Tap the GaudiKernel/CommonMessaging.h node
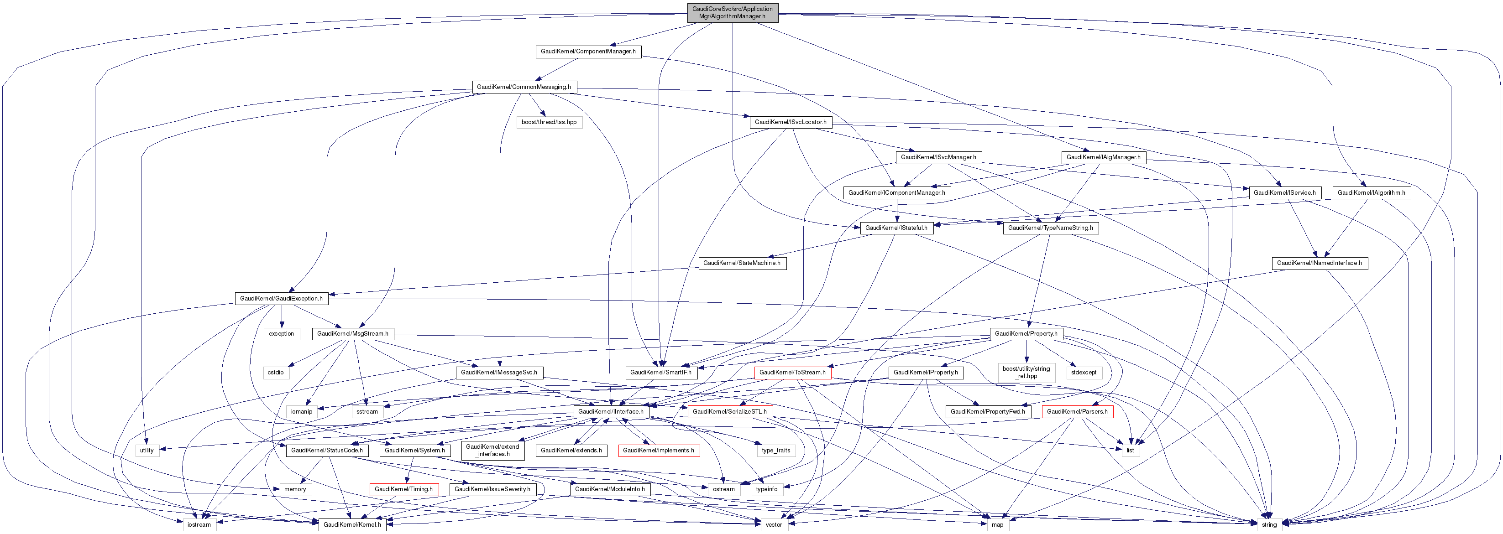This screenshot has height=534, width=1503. [524, 87]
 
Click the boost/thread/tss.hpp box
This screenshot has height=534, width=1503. [549, 122]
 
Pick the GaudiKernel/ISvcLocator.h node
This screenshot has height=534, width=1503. [790, 122]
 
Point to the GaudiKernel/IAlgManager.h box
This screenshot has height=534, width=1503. [1103, 157]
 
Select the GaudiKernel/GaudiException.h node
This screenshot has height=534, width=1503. [281, 299]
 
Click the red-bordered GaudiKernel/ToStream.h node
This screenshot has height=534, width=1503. [792, 373]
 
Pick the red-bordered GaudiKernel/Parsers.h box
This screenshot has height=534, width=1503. [1077, 412]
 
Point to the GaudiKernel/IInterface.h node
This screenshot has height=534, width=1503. [610, 412]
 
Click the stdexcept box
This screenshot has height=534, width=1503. [1084, 373]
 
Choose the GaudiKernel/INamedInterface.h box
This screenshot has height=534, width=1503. [1319, 263]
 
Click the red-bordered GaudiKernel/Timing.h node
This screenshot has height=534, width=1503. [403, 490]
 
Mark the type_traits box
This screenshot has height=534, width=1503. [775, 451]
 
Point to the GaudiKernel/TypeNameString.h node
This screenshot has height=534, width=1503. [1050, 228]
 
